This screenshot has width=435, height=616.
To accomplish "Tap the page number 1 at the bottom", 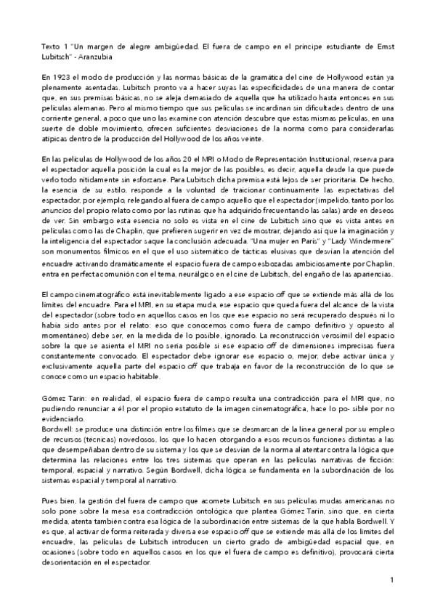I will pyautogui.click(x=391, y=580).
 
